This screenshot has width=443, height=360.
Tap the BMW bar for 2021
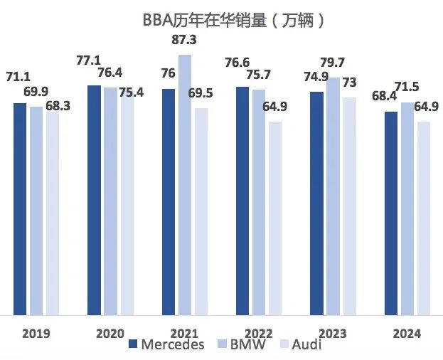[185, 184]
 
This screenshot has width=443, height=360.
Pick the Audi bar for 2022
[274, 218]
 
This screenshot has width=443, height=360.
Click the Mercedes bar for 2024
[391, 213]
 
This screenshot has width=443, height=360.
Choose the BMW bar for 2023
[332, 196]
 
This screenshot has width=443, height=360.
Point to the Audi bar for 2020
[127, 203]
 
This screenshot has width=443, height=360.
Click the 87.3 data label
[185, 41]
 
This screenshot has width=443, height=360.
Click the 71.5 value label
[406, 86]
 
